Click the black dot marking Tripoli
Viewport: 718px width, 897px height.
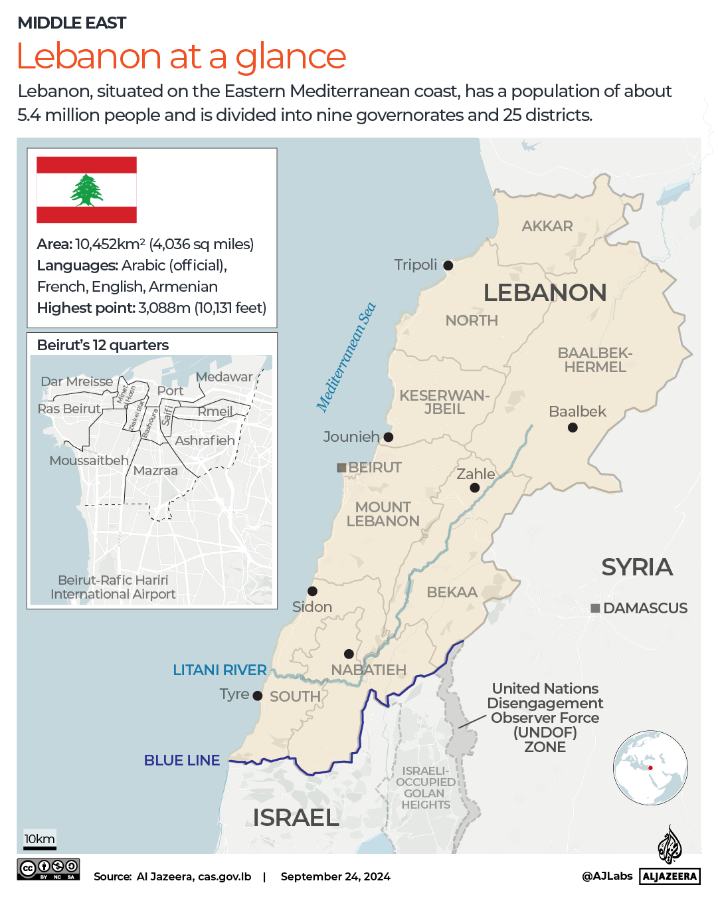click(448, 266)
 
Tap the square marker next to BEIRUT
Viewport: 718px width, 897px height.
click(341, 468)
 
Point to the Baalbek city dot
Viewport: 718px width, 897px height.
click(573, 428)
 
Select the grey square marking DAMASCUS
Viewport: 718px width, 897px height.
click(595, 608)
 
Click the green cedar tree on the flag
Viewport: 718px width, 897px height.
click(86, 190)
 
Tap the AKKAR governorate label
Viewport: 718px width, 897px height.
click(547, 227)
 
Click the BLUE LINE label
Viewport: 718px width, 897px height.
click(181, 760)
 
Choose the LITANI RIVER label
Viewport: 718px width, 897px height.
click(219, 670)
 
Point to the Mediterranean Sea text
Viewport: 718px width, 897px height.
click(346, 357)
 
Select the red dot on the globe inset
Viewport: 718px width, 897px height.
click(651, 768)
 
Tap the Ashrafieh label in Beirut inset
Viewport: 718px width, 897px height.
click(205, 441)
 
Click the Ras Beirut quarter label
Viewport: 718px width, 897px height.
click(69, 409)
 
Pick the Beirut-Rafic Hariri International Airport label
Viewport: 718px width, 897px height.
click(113, 587)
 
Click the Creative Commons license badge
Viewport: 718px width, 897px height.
click(48, 869)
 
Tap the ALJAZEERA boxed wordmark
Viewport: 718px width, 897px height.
click(670, 876)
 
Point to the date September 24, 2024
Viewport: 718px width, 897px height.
click(335, 876)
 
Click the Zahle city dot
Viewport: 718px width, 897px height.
click(474, 488)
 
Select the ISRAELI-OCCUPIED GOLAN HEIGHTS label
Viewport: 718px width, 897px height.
click(425, 788)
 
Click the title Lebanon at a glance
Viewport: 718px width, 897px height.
click(181, 56)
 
